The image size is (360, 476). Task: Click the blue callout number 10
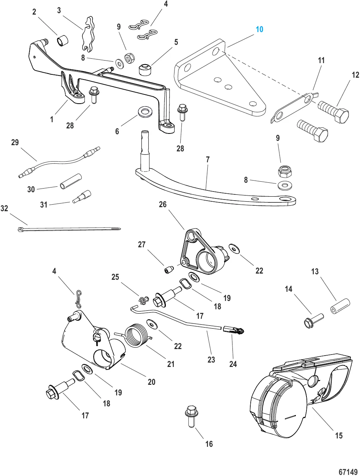coord(259,29)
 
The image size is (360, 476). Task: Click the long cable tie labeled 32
coord(69,229)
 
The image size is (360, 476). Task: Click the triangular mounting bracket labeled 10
coord(219,84)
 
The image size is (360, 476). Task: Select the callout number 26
coord(163,204)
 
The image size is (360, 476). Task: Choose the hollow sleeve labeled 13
coord(340,306)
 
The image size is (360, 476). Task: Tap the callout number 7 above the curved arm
coord(208,159)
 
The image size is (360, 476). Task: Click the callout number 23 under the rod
coord(211,359)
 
